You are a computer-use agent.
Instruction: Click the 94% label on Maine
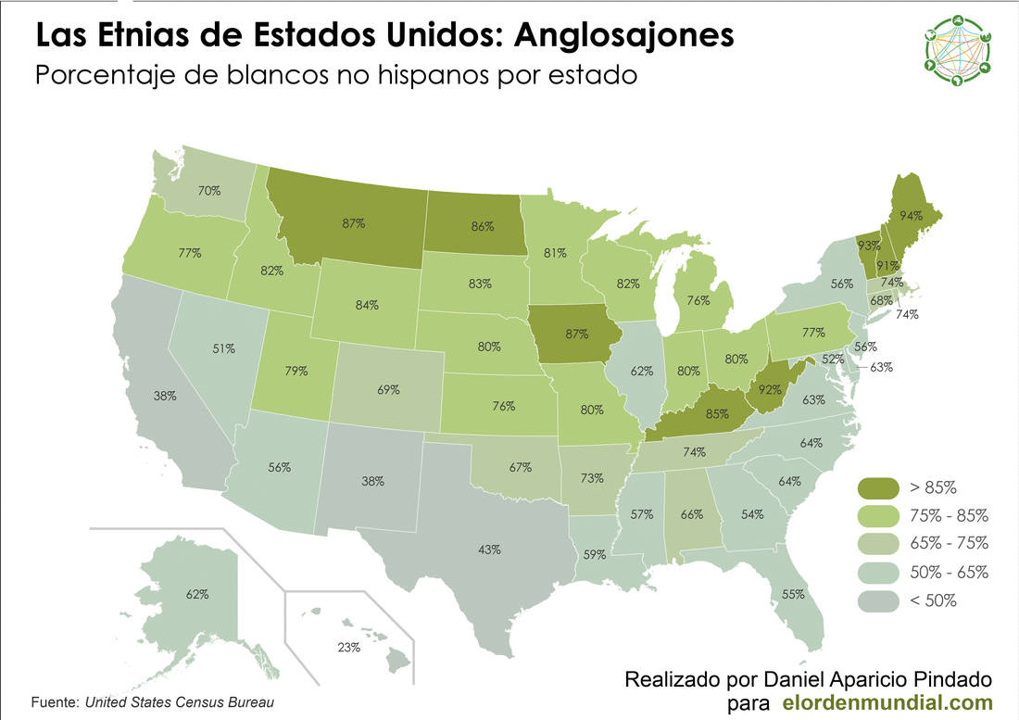click(912, 216)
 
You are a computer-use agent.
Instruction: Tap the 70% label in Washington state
click(208, 191)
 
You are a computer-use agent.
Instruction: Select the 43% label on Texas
click(490, 549)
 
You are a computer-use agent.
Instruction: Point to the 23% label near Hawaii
click(348, 648)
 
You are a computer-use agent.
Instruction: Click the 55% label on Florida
click(793, 594)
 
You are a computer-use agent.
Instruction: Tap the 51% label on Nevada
click(223, 348)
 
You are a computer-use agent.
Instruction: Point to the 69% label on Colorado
click(388, 390)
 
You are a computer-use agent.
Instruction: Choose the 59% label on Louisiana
click(595, 555)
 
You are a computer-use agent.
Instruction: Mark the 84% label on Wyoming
click(367, 305)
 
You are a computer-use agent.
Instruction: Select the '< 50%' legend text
click(933, 600)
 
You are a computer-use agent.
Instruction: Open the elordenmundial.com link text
click(888, 703)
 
